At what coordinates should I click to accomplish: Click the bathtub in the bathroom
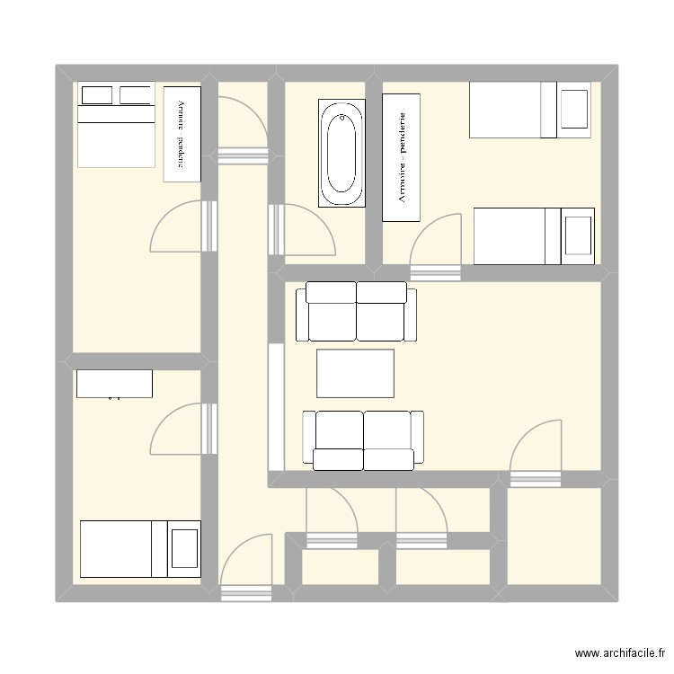[341, 153]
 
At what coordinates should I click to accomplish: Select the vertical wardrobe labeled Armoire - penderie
[402, 156]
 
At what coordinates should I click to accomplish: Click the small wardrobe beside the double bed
[182, 134]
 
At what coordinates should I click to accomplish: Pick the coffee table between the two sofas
[355, 373]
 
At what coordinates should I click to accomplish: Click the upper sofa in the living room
[356, 311]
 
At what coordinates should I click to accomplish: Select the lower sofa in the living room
[363, 439]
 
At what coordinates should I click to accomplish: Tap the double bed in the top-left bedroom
[116, 125]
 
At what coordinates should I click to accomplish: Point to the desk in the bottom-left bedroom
[114, 384]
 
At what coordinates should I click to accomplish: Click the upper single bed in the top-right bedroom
[530, 110]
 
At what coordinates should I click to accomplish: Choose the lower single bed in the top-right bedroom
[534, 236]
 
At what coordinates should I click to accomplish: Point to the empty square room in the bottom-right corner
[554, 536]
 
